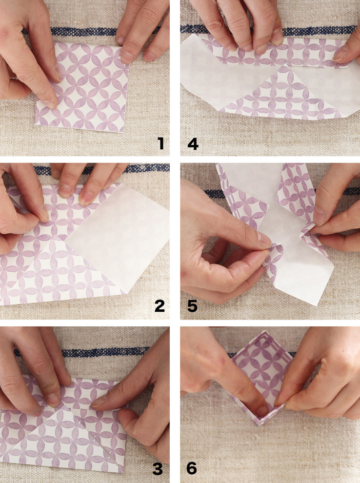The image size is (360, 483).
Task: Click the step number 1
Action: click(x=160, y=143)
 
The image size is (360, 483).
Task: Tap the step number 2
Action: click(x=160, y=306)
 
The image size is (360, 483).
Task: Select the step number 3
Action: click(x=158, y=468)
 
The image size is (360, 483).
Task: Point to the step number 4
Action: click(x=193, y=143)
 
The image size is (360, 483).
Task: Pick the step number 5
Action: click(x=193, y=306)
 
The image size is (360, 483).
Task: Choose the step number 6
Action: click(x=192, y=468)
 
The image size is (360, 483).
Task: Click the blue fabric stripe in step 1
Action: click(x=83, y=31)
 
